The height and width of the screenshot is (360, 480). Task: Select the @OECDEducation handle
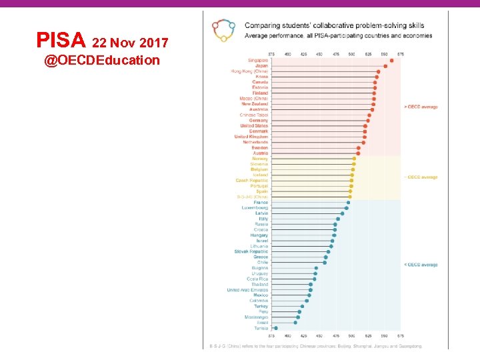102,61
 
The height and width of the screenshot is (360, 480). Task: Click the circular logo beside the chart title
223,30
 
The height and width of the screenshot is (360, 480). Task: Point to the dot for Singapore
391,61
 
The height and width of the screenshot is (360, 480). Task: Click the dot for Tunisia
276,328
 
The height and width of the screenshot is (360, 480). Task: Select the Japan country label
261,66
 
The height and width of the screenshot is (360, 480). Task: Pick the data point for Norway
354,159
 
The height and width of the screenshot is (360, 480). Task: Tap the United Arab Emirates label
247,290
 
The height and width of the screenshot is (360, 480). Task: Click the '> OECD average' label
421,107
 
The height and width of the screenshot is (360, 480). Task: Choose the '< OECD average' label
421,265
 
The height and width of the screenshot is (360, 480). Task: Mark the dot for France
348,203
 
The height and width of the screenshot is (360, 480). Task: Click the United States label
254,126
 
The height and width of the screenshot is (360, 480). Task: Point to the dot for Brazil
295,323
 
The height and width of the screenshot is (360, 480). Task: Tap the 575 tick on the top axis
400,53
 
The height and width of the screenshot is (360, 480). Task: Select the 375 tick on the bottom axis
271,335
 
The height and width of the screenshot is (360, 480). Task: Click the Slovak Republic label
251,251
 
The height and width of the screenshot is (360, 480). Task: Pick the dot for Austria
358,153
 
